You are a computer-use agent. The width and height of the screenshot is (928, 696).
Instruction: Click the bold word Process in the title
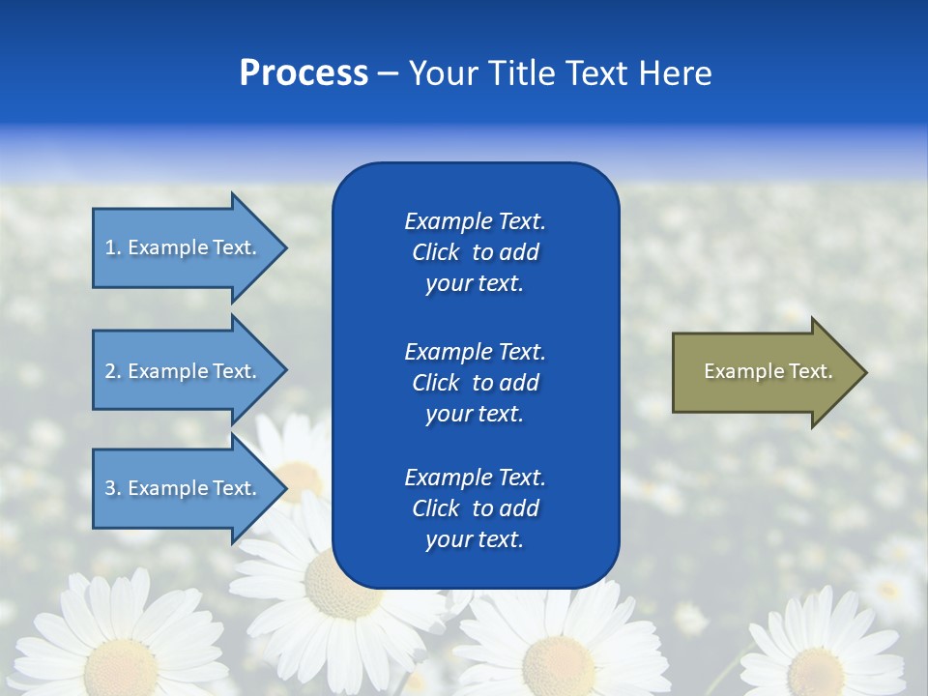[304, 73]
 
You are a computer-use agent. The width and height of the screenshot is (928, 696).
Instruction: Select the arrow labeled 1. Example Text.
[184, 247]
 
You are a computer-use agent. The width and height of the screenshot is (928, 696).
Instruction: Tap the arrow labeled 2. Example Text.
[184, 371]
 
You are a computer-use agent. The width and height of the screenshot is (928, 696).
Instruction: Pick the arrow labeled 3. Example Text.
[184, 488]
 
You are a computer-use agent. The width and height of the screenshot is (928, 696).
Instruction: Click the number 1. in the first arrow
[113, 247]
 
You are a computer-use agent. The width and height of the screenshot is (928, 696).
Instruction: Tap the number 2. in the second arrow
[113, 371]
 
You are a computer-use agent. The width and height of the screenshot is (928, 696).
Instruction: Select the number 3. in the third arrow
[113, 488]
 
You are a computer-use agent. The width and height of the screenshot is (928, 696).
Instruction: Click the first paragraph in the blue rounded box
[475, 252]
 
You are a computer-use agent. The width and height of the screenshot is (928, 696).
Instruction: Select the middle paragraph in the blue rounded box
[475, 383]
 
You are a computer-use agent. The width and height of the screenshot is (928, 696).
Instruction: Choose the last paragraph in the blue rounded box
[475, 508]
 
